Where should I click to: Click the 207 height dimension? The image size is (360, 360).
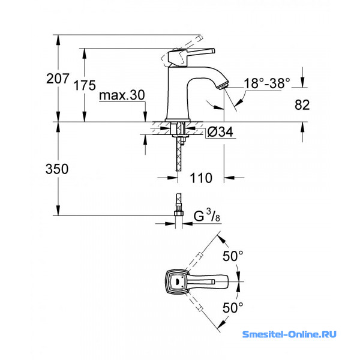click(58, 79)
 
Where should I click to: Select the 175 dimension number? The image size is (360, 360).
click(85, 85)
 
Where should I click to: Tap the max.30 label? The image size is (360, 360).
click(122, 95)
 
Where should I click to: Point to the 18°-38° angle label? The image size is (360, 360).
click(267, 83)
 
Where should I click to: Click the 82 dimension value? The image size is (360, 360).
click(302, 105)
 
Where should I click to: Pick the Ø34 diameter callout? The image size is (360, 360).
click(220, 132)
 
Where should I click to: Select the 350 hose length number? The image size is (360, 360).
click(57, 169)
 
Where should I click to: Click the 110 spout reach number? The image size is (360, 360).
click(201, 178)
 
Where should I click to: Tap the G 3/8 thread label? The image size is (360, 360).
click(207, 215)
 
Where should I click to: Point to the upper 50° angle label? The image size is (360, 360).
click(233, 256)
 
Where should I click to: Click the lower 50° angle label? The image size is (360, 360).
click(233, 308)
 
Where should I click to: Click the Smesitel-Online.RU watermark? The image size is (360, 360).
click(289, 334)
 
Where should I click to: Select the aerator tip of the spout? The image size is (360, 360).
click(223, 86)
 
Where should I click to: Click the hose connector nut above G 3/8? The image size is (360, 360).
click(179, 212)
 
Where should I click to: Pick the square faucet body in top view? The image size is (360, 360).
click(177, 281)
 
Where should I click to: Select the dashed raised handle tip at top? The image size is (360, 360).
click(200, 38)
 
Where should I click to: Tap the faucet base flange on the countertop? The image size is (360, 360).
click(178, 120)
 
